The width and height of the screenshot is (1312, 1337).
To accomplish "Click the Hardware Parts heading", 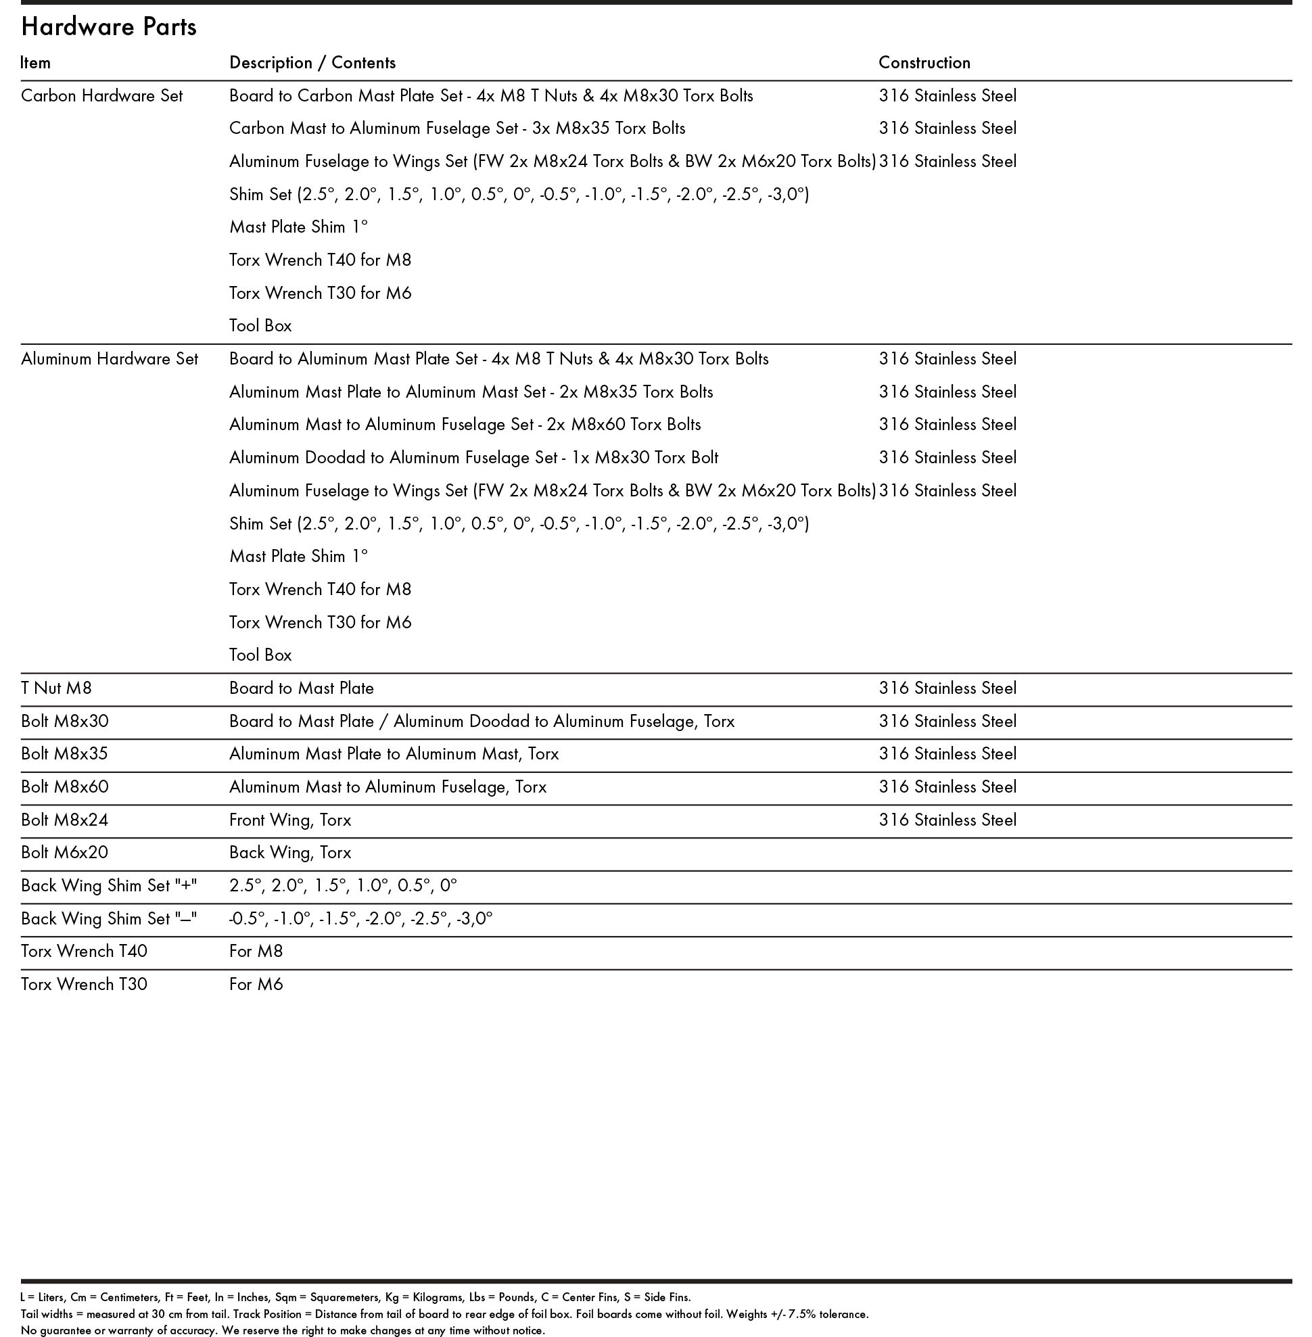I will (x=109, y=27).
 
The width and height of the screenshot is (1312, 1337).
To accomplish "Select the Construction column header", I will (x=924, y=63).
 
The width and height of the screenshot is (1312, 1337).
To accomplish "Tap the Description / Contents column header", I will (x=312, y=63).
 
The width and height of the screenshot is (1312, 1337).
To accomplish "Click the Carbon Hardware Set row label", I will (x=101, y=96).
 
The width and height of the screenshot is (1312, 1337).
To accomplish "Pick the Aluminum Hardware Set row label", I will (x=109, y=359).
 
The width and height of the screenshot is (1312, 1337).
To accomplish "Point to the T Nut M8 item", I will (x=56, y=688).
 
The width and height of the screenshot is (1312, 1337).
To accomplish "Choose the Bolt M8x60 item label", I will (x=64, y=787).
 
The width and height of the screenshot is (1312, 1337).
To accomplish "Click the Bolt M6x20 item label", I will (x=64, y=853).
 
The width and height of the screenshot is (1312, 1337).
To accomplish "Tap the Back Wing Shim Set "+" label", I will (x=108, y=886).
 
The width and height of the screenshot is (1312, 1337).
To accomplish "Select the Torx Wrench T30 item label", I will (x=83, y=984).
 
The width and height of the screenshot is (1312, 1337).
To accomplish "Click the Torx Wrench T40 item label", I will (x=83, y=951).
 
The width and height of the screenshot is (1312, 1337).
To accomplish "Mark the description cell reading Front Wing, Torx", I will (x=290, y=820).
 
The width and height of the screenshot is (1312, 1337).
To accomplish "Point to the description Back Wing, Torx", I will (x=290, y=853).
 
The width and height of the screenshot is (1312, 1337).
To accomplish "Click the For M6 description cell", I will (x=256, y=984).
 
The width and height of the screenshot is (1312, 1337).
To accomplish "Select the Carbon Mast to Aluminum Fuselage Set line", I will (x=457, y=128).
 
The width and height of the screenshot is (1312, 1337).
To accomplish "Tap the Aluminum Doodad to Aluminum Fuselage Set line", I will (x=473, y=458).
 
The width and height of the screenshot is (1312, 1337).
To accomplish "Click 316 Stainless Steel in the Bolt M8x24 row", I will (x=947, y=820).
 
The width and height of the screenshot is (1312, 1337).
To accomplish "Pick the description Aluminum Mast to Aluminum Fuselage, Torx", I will (x=388, y=787).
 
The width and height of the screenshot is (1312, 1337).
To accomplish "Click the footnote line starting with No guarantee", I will (x=283, y=1330).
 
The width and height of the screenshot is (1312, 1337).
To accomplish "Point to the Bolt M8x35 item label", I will (x=64, y=753).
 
